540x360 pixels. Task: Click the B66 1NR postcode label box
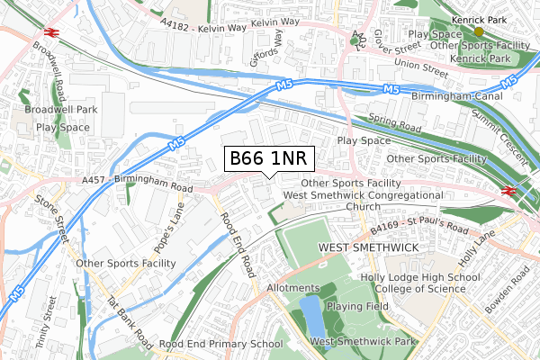pyautogui.click(x=269, y=159)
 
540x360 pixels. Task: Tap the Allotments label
pyautogui.click(x=293, y=288)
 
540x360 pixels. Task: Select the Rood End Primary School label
pyautogui.click(x=220, y=344)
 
